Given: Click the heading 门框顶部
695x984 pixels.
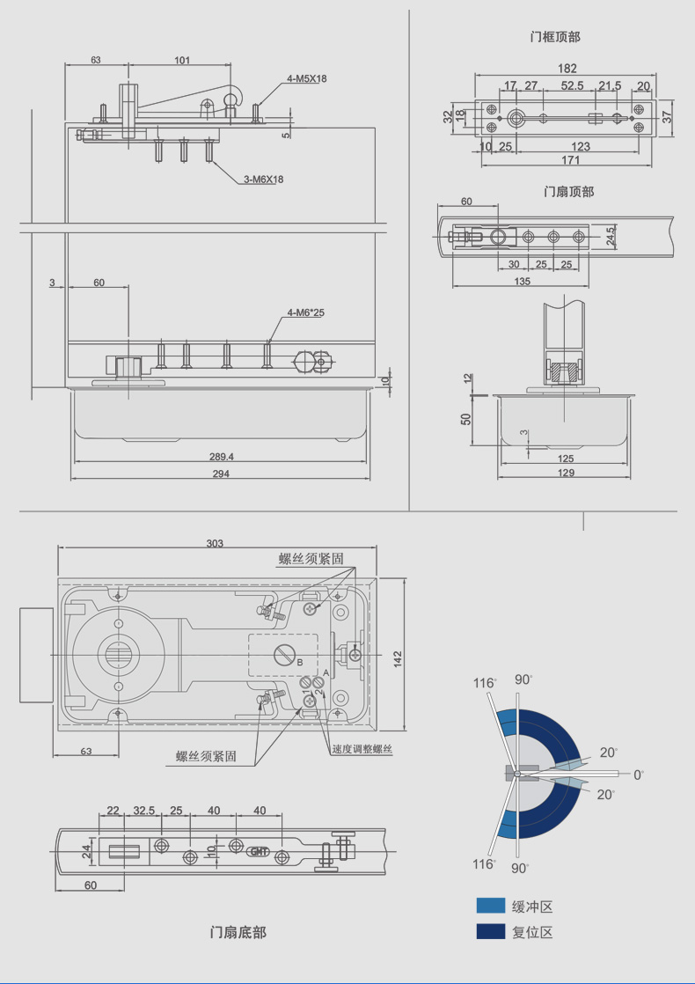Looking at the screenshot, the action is point(555,37).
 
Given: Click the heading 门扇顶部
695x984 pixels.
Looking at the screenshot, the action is point(569,191).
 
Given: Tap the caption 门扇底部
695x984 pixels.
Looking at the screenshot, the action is point(238,933).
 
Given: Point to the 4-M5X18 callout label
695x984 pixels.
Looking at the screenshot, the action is point(307,78).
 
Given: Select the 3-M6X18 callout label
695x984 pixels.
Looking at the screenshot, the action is point(263,180).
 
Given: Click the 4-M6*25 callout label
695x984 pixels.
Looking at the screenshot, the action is point(305,312).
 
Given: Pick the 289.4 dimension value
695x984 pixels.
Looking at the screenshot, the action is point(222,457).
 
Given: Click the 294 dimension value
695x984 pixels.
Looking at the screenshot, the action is point(221,474).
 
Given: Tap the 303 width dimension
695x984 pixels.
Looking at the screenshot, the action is point(215,543).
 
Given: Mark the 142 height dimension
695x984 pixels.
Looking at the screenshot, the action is point(398,658).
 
